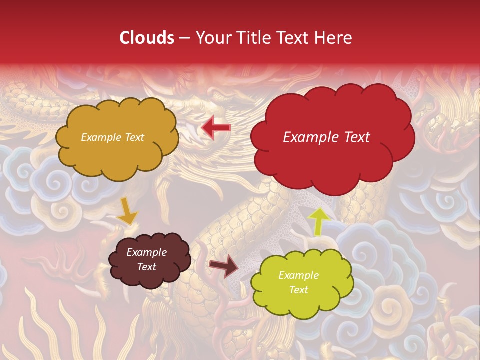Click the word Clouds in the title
point(147,38)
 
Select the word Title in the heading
point(253,38)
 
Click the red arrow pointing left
point(216,128)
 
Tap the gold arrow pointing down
point(127,212)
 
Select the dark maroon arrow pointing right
point(224,265)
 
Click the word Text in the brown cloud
point(146,267)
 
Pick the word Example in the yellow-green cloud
point(298,275)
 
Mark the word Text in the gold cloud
point(134,137)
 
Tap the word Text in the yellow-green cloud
point(298,290)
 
